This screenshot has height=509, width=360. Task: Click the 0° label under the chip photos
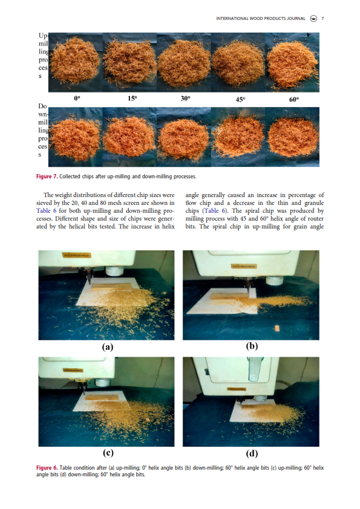click(x=77, y=98)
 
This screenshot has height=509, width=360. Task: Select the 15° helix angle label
click(x=133, y=98)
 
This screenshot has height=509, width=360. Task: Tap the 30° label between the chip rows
click(x=186, y=98)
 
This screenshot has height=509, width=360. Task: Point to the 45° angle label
click(x=240, y=99)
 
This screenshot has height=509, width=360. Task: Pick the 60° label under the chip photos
click(x=294, y=99)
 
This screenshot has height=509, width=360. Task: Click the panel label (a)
click(x=108, y=347)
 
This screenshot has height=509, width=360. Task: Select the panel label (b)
click(x=252, y=346)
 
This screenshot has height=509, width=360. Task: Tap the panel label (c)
click(x=108, y=453)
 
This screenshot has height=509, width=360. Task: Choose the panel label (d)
click(x=252, y=453)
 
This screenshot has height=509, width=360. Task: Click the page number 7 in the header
click(x=322, y=19)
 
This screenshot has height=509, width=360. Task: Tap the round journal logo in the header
click(x=313, y=19)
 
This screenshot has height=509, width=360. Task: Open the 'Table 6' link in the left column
click(x=46, y=211)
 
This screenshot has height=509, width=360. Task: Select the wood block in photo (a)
click(x=111, y=287)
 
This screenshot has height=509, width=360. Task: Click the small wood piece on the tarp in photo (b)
click(x=277, y=328)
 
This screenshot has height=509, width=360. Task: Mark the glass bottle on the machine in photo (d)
click(x=255, y=369)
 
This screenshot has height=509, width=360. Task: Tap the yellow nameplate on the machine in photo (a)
click(x=77, y=256)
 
